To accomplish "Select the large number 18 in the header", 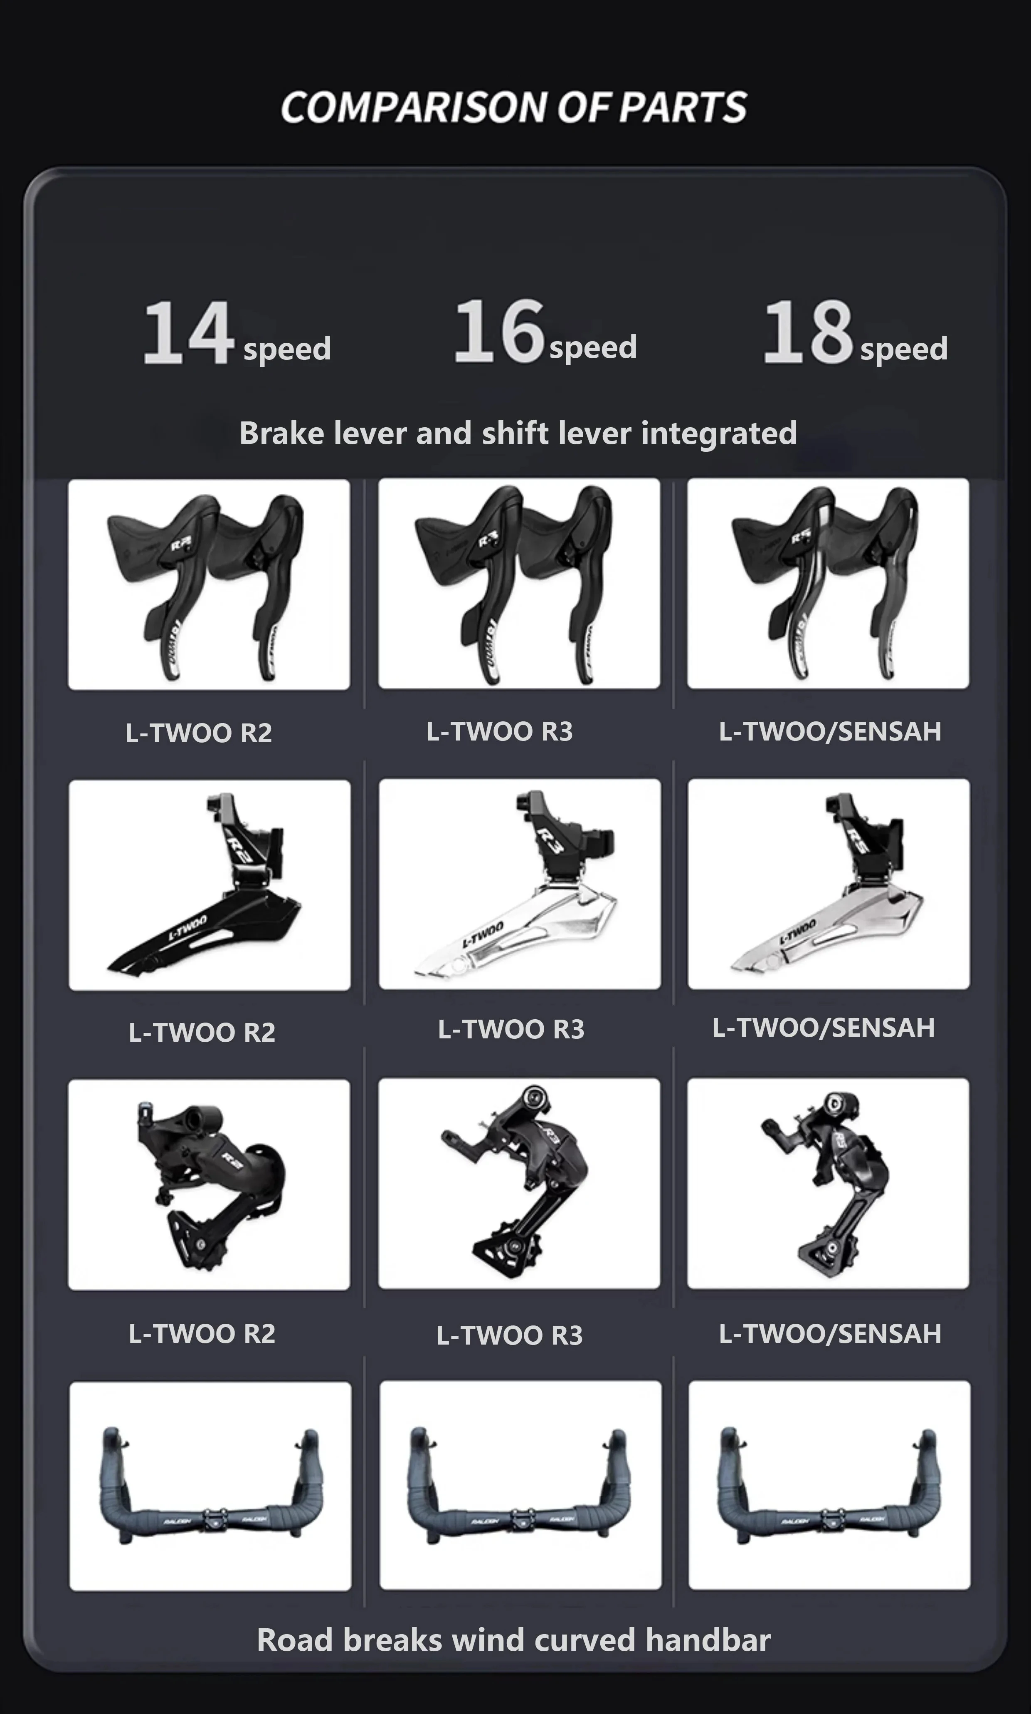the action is tap(808, 332).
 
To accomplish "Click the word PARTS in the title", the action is tap(682, 108).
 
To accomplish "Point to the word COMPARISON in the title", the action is tap(415, 108).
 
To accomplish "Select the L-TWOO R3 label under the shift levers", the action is tap(500, 731).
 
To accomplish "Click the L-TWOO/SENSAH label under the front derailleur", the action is tap(823, 1027).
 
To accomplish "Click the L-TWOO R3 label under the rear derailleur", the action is tap(509, 1335).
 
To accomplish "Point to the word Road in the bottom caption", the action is tap(295, 1640).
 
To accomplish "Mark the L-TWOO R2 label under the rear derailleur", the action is tap(202, 1333).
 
